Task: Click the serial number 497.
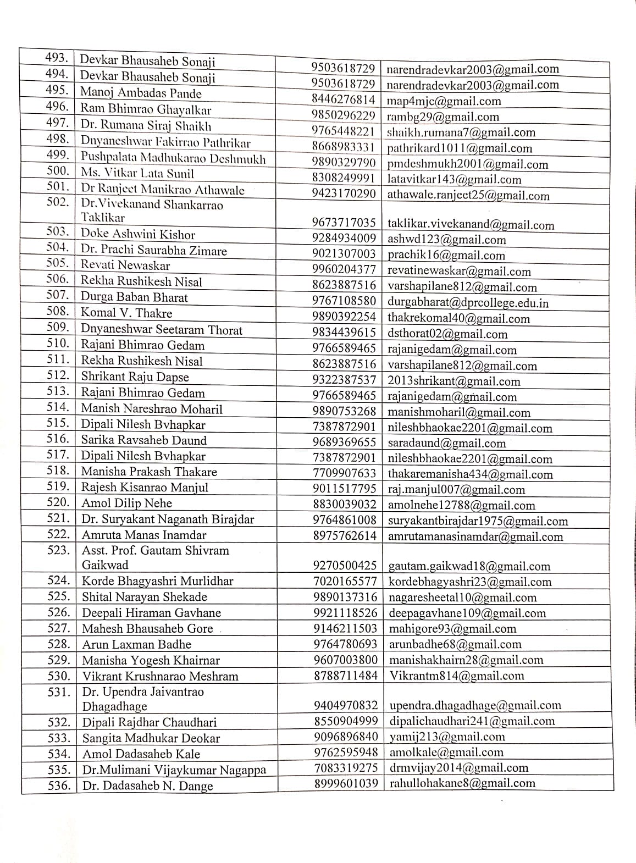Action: point(58,123)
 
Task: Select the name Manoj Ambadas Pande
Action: point(141,92)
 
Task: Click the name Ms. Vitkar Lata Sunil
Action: point(137,173)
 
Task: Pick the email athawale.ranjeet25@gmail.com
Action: point(468,195)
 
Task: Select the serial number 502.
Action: point(58,202)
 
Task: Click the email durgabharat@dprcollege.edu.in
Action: point(468,302)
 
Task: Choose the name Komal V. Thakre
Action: point(126,313)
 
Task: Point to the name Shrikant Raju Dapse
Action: point(135,377)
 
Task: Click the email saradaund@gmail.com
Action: point(446,443)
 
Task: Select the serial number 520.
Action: point(59,502)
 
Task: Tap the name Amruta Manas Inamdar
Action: point(144,535)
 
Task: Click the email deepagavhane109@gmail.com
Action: point(467,613)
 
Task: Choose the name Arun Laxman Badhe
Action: point(137,644)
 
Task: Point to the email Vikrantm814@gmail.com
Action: point(457,676)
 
